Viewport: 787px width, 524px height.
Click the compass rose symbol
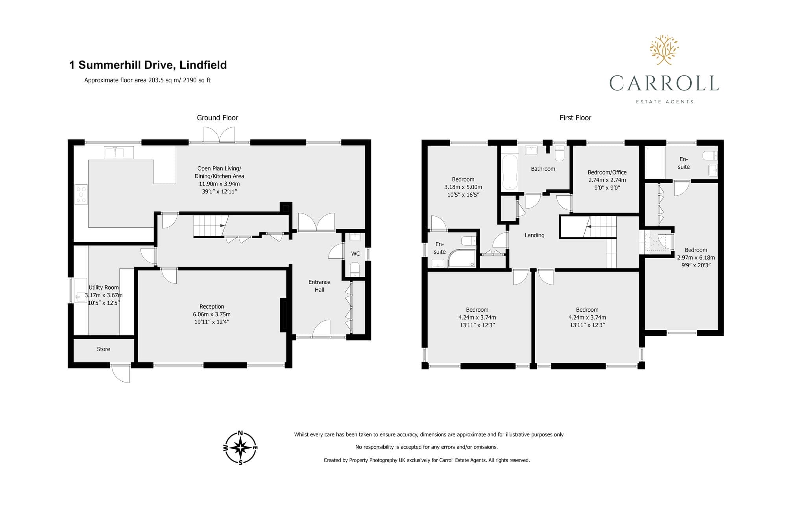click(x=240, y=448)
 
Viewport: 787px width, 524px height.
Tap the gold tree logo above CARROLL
click(x=664, y=50)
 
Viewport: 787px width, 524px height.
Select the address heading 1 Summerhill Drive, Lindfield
click(x=148, y=65)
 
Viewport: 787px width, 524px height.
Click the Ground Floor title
click(x=218, y=118)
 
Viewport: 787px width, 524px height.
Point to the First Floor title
click(x=575, y=118)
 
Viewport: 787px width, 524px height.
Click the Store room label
click(x=103, y=349)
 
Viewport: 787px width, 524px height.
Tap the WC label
click(x=355, y=254)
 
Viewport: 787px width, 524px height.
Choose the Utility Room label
click(x=103, y=287)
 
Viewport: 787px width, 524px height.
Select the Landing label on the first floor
click(x=534, y=235)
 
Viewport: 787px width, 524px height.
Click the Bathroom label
click(x=543, y=169)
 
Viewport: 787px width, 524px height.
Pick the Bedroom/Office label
click(x=607, y=172)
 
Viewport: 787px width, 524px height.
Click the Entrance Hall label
click(x=320, y=286)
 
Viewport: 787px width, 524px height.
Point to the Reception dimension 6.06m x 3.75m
click(x=212, y=314)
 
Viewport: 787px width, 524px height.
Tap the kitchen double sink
click(x=119, y=153)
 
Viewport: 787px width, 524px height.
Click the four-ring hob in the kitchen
click(x=81, y=195)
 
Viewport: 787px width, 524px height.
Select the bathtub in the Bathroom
click(x=510, y=173)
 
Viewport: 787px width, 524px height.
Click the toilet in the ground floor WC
click(x=355, y=270)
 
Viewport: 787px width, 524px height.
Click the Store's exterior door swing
click(x=120, y=373)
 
